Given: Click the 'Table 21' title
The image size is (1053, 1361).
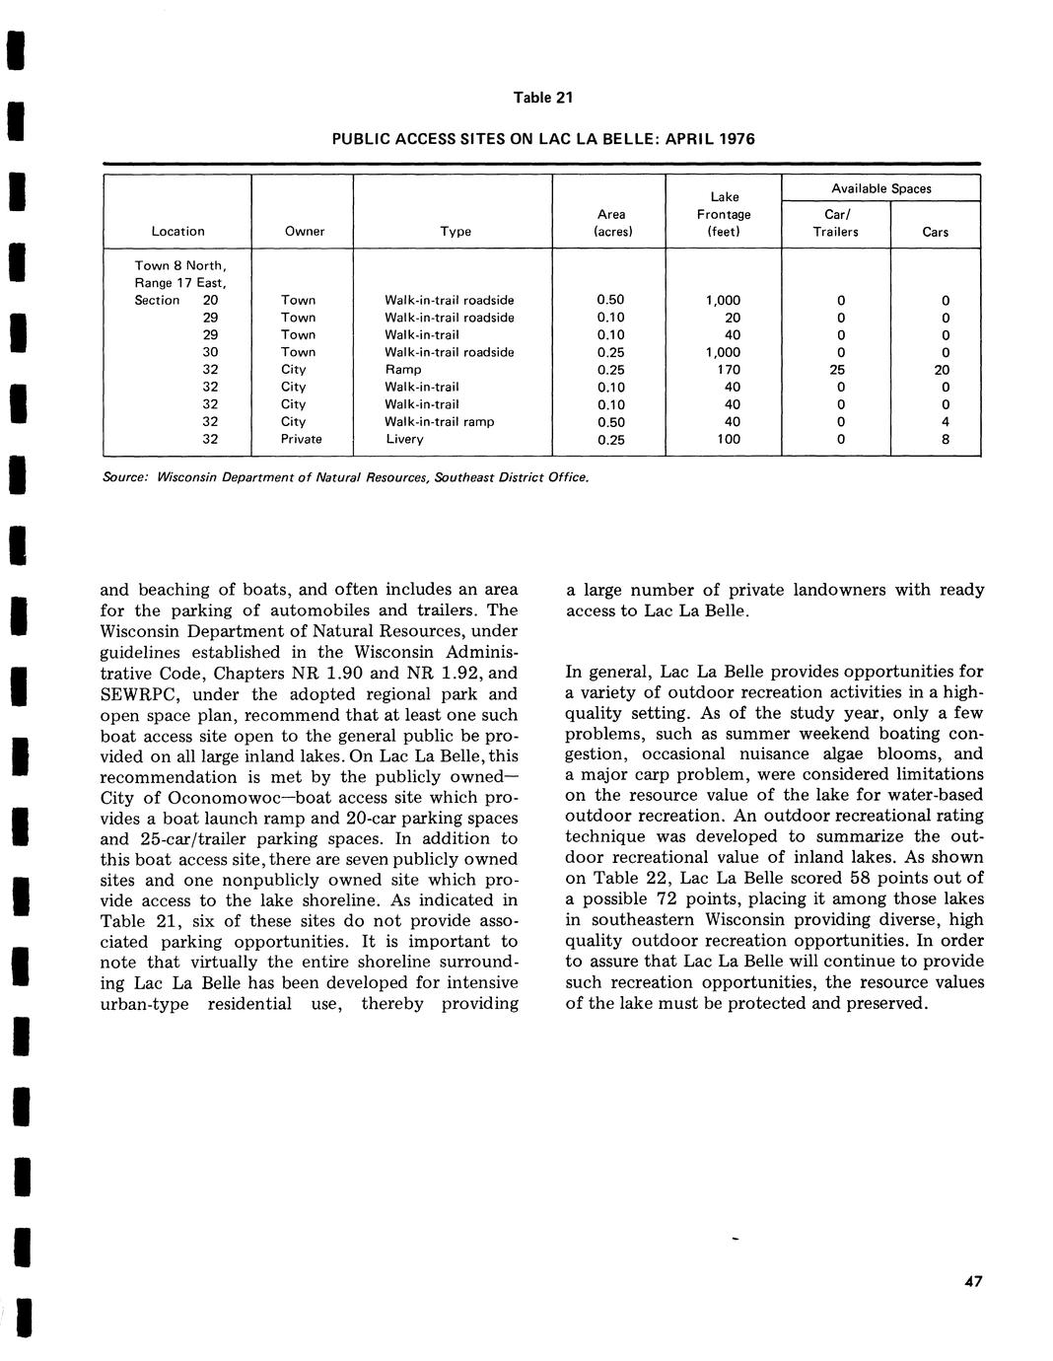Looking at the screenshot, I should click(x=542, y=98).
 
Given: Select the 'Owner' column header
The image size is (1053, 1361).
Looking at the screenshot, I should click(x=304, y=232).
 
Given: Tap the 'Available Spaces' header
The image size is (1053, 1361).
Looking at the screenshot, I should click(x=880, y=188).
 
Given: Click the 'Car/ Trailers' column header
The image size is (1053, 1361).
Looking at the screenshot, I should click(x=835, y=223).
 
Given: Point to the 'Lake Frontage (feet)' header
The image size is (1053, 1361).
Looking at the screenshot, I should click(x=724, y=214).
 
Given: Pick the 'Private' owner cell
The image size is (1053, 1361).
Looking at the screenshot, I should click(x=301, y=440).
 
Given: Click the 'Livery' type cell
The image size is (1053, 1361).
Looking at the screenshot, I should click(x=404, y=440).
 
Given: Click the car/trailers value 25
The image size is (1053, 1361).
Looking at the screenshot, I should click(x=837, y=370).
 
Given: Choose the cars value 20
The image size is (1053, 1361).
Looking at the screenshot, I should click(x=945, y=370).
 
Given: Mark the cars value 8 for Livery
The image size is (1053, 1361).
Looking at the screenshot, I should click(x=946, y=440).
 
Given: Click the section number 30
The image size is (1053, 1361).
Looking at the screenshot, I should click(x=210, y=352).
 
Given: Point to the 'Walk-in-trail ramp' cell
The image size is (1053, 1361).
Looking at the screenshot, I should click(x=439, y=422).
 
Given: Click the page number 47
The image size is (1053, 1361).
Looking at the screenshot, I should click(x=973, y=1282).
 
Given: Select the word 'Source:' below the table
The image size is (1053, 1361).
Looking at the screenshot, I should click(x=125, y=477).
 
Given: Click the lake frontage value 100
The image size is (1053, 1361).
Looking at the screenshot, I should click(x=729, y=440).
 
